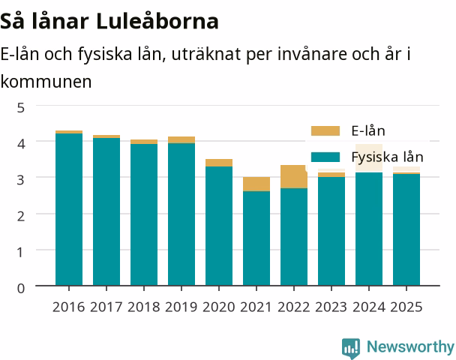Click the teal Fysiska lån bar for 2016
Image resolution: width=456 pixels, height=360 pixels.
[x=69, y=209]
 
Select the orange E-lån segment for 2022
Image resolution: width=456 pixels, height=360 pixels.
[x=294, y=176]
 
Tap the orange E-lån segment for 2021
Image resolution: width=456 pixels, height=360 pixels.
[x=256, y=184]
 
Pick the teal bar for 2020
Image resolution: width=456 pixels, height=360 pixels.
[x=219, y=226]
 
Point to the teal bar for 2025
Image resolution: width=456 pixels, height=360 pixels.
[x=406, y=229]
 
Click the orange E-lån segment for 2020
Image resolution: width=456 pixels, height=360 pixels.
[x=219, y=163]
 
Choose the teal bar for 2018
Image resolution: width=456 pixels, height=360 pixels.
[x=144, y=214]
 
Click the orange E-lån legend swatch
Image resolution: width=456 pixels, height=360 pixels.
[x=325, y=130]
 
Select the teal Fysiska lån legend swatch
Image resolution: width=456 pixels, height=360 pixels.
[x=325, y=157]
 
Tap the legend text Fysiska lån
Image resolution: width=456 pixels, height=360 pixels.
[x=387, y=157]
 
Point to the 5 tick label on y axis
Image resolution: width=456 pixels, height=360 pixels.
[x=21, y=108]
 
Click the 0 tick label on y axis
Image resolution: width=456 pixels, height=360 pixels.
[x=21, y=289]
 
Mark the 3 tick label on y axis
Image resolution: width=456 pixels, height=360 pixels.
[x=21, y=180]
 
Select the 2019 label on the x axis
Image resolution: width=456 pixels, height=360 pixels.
[x=181, y=307]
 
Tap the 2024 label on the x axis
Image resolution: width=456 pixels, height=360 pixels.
[x=369, y=307]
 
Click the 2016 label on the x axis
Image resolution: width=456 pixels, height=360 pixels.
[x=69, y=307]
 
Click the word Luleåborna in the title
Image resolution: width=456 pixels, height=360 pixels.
[x=157, y=21]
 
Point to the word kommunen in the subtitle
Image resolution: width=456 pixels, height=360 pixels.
[x=46, y=82]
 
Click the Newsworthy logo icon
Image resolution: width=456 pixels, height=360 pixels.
[x=351, y=348]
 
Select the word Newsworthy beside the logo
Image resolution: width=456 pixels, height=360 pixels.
[x=410, y=346]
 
